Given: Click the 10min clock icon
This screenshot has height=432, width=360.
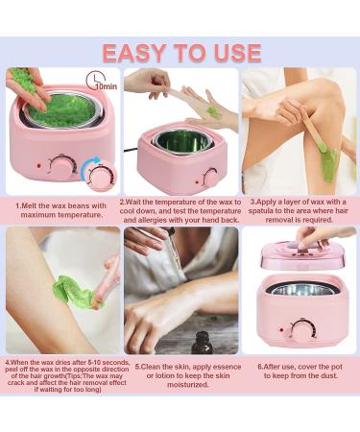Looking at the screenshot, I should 96,81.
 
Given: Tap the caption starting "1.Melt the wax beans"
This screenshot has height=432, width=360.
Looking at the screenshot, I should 60,209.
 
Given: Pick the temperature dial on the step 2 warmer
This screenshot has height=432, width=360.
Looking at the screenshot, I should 210,177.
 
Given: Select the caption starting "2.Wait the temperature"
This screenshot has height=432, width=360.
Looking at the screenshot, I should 179,209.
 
